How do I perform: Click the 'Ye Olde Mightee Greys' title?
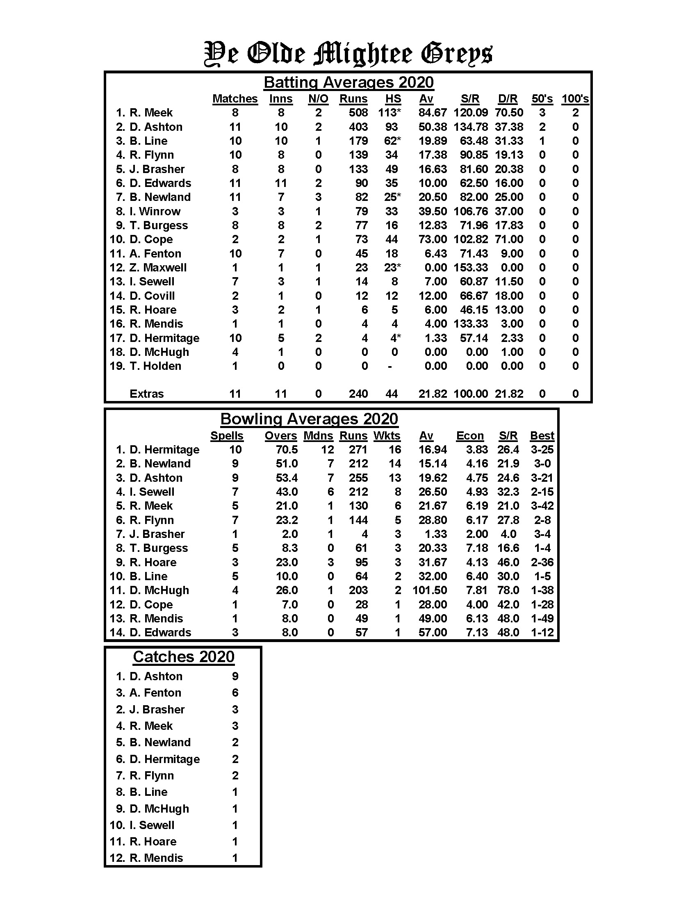(x=348, y=54)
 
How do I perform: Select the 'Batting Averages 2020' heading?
(x=348, y=82)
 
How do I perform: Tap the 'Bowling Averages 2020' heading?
(x=309, y=419)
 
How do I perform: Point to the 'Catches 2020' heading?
(x=183, y=657)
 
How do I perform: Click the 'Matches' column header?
(x=235, y=99)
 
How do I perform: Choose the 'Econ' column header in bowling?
(x=469, y=436)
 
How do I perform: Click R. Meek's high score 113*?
(x=389, y=113)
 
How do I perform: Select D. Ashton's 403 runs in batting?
(x=358, y=127)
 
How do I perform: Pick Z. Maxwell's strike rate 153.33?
(x=470, y=268)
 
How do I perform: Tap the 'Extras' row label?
(x=147, y=394)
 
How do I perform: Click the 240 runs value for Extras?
(x=358, y=394)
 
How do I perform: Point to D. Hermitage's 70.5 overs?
(x=287, y=450)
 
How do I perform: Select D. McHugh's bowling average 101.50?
(x=429, y=590)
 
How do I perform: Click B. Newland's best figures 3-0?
(x=542, y=464)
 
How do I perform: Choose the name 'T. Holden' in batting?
(x=155, y=366)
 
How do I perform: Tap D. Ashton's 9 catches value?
(x=235, y=676)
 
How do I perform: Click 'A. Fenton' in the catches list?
(x=155, y=692)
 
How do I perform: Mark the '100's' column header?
(x=575, y=99)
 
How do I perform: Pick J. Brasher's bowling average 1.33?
(x=435, y=534)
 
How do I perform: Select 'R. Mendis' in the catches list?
(x=156, y=858)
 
